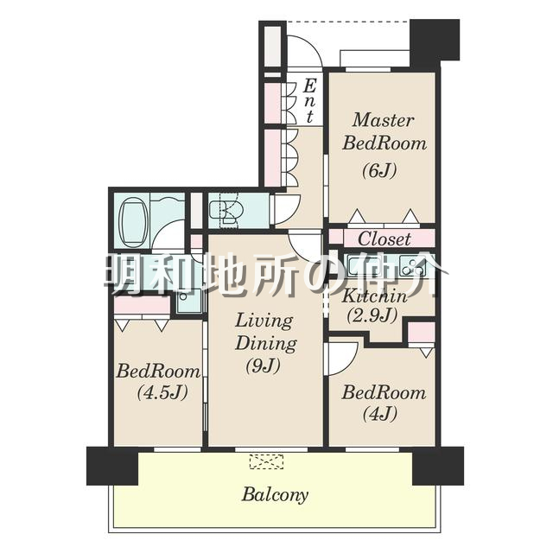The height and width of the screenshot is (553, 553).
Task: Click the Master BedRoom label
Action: (384, 131)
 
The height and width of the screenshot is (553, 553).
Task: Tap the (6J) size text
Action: (379, 170)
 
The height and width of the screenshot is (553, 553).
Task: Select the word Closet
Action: (385, 238)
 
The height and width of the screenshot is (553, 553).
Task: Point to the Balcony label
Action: (275, 495)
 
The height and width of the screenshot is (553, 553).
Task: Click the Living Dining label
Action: (265, 332)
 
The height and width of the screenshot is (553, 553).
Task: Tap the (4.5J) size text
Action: (162, 392)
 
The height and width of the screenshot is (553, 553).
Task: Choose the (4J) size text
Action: (380, 413)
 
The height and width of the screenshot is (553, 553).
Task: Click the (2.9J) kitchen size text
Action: (372, 315)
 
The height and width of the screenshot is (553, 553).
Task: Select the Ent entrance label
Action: (309, 101)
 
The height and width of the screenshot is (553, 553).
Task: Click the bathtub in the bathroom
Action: (133, 224)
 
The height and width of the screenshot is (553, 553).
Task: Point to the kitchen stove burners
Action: (412, 266)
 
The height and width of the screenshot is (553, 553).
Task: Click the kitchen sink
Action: (359, 266)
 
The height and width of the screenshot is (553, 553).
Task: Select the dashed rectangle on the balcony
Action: (266, 461)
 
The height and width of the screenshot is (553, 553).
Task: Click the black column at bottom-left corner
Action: (112, 466)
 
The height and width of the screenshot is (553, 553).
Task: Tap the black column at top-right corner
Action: (435, 40)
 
